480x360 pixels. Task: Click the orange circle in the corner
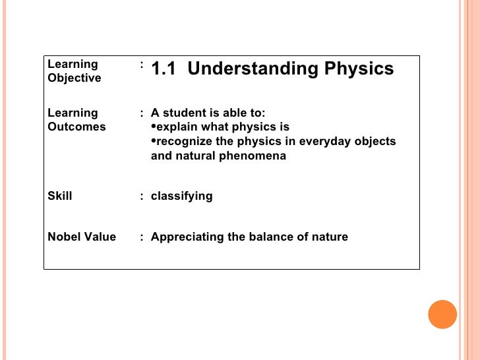point(442,315)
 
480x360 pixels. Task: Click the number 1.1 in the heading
point(164,69)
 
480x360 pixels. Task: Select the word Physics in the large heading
point(362,69)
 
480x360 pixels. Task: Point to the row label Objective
point(75,78)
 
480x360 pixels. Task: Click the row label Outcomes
point(76,127)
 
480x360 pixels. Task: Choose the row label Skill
point(60,196)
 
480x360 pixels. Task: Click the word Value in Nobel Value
point(100,237)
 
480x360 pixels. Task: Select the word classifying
point(182,196)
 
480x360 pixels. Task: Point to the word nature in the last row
point(330,237)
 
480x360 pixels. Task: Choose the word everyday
point(327,142)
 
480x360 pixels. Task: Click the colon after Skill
point(142,196)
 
